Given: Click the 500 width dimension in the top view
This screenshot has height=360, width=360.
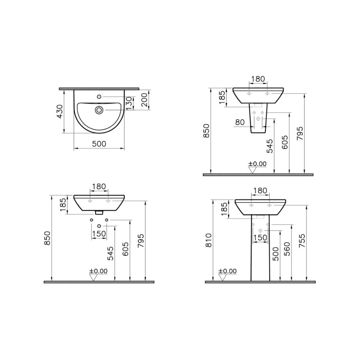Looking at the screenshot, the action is pyautogui.click(x=99, y=144).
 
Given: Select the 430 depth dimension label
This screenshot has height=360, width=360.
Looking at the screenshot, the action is pyautogui.click(x=60, y=111).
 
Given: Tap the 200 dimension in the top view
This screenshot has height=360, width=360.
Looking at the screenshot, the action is pyautogui.click(x=144, y=100).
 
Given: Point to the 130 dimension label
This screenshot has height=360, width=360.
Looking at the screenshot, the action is pyautogui.click(x=129, y=103).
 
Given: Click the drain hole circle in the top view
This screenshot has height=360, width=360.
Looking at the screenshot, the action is pyautogui.click(x=99, y=110).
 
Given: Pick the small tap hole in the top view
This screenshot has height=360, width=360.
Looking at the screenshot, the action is pyautogui.click(x=99, y=96).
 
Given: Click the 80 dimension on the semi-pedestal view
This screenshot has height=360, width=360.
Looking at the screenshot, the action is pyautogui.click(x=240, y=122).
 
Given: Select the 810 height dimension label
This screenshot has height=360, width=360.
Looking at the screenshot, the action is pyautogui.click(x=209, y=240).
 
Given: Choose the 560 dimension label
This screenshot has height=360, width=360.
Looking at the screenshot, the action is pyautogui.click(x=287, y=249).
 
